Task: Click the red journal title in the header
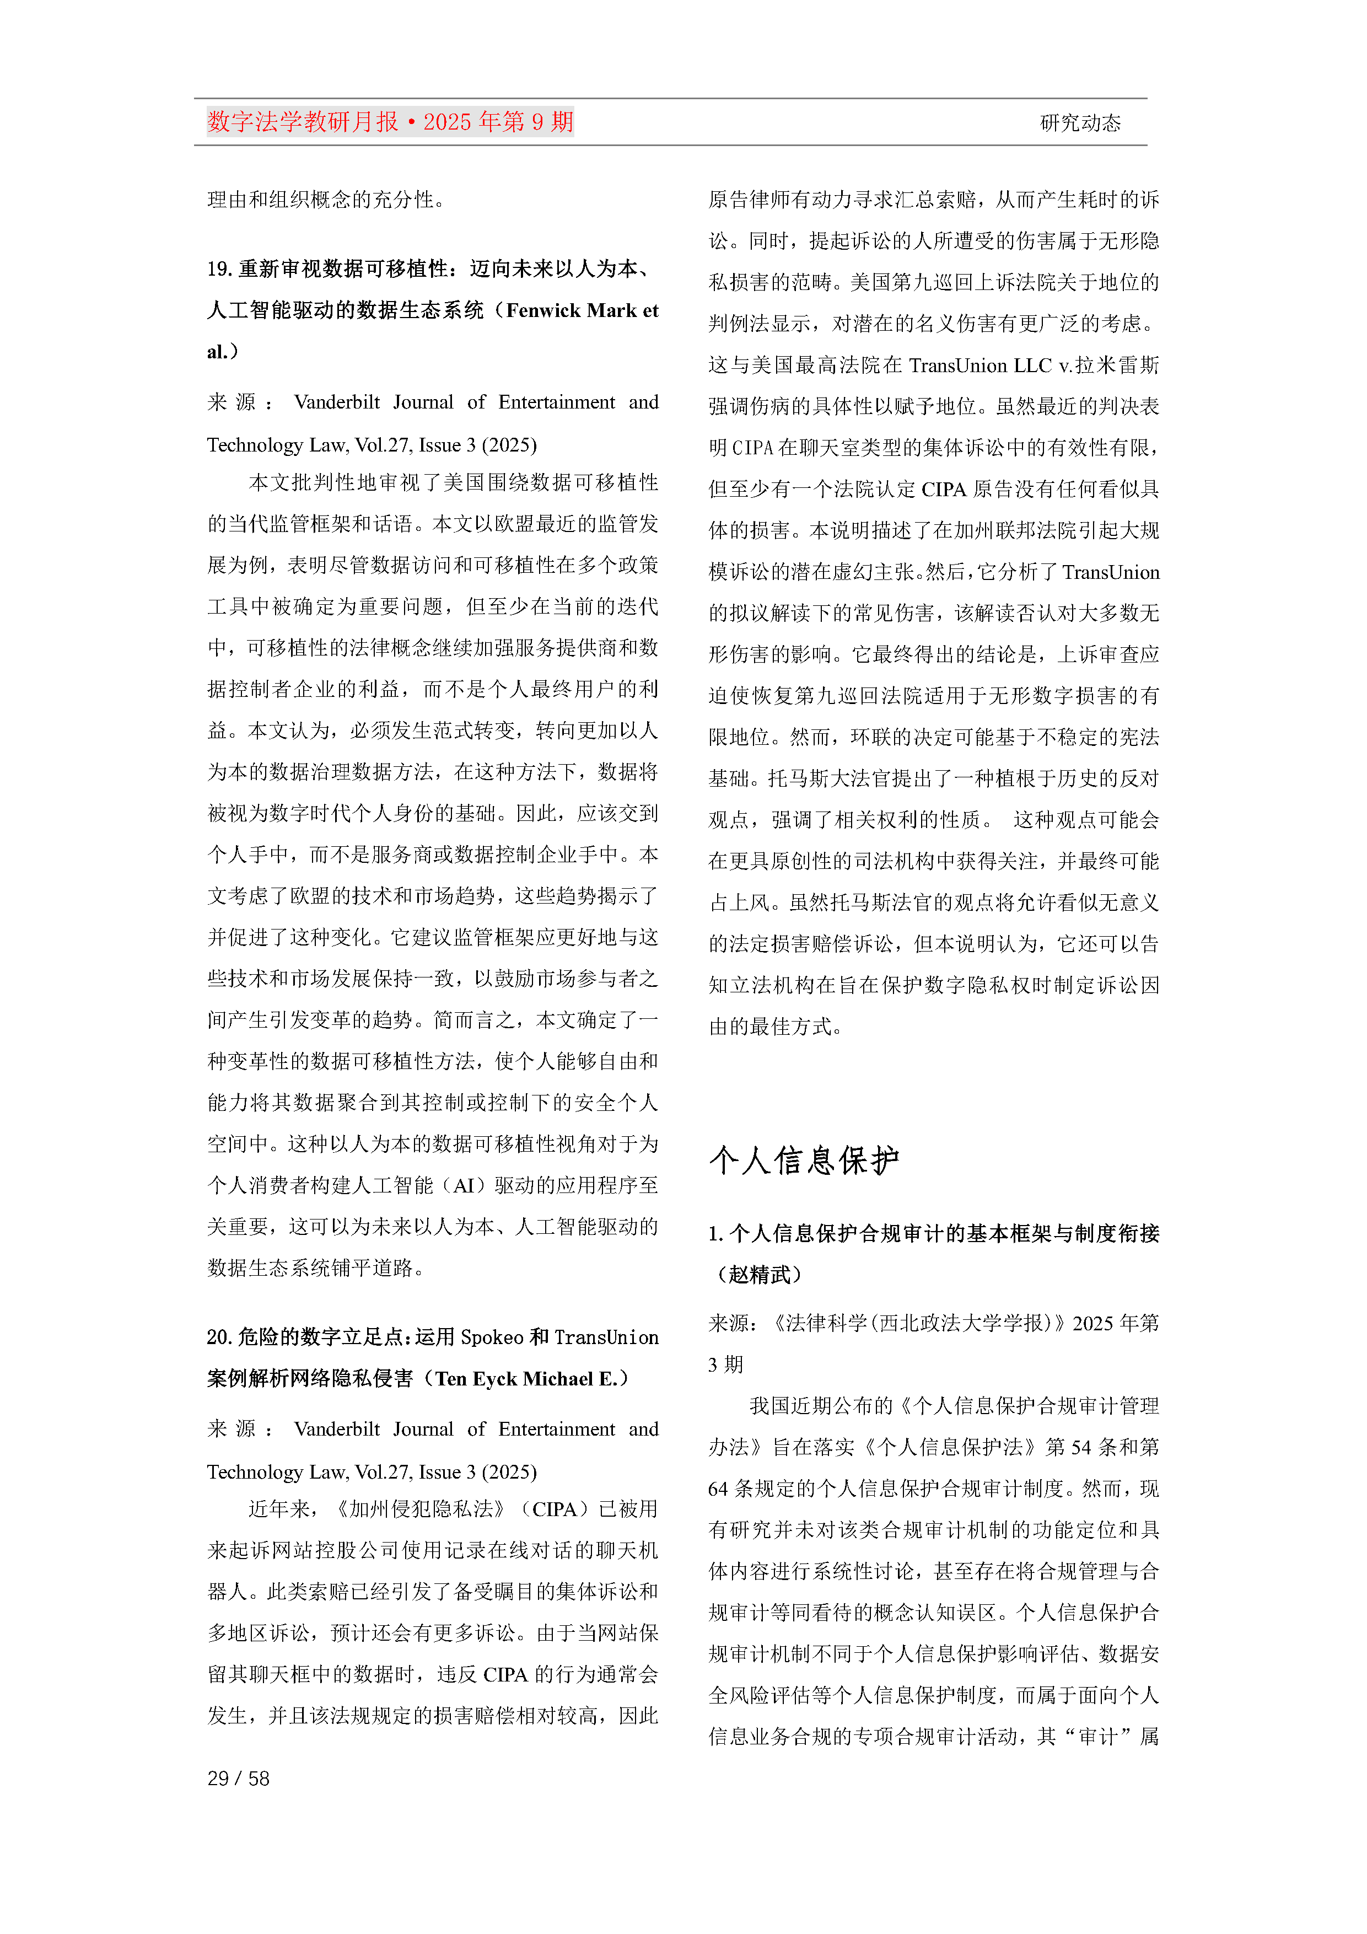390,122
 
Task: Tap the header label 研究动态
1080,123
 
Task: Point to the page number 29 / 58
238,1778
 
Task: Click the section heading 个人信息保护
804,1161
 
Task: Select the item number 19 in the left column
219,268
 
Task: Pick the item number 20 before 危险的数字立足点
219,1337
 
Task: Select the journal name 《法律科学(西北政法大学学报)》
918,1323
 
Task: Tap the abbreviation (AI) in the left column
464,1186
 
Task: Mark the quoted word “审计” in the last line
1097,1736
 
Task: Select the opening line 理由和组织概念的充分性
326,200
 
